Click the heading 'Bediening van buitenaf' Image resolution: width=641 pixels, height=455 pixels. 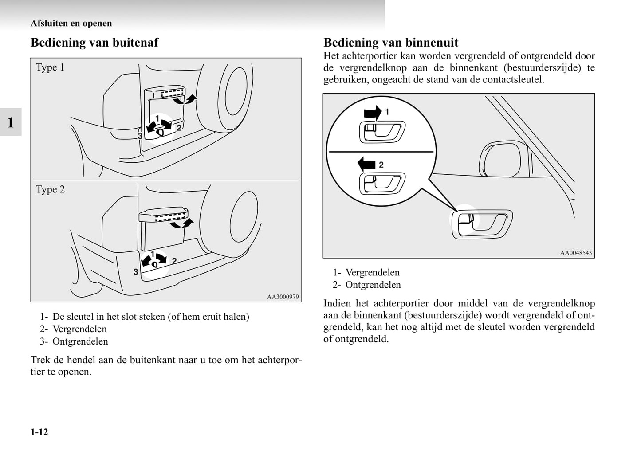click(94, 43)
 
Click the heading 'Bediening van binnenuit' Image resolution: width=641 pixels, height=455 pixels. click(391, 43)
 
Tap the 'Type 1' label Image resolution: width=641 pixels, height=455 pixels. click(50, 67)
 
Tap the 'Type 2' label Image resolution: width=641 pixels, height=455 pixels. click(50, 189)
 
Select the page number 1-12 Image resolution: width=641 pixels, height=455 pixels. click(39, 432)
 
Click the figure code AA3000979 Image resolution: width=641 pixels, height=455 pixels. click(283, 297)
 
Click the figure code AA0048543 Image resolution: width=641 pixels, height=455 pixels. click(576, 253)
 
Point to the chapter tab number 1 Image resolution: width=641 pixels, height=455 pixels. click(11, 122)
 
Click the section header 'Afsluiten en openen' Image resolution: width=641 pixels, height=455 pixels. click(71, 23)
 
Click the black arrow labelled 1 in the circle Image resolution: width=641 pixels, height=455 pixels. click(372, 113)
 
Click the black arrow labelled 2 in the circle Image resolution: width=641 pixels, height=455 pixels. click(367, 164)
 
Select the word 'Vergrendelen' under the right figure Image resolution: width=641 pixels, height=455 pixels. click(372, 272)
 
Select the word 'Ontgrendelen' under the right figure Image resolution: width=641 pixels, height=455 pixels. click(373, 285)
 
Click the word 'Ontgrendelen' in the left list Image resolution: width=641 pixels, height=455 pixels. click(80, 341)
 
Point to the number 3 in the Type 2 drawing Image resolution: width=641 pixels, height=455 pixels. click(136, 272)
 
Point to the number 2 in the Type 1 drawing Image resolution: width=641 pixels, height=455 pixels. click(179, 128)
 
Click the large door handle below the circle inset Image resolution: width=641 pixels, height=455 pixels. click(482, 224)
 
